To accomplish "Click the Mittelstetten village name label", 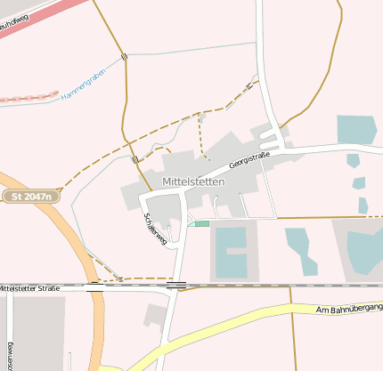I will (193, 181).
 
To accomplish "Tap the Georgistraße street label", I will (249, 159).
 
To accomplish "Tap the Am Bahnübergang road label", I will (349, 309).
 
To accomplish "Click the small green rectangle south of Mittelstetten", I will (202, 223).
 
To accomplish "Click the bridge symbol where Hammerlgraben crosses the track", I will (125, 57).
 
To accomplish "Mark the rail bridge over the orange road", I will (94, 286).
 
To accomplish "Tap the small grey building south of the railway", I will (157, 314).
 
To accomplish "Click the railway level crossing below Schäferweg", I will (176, 286).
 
